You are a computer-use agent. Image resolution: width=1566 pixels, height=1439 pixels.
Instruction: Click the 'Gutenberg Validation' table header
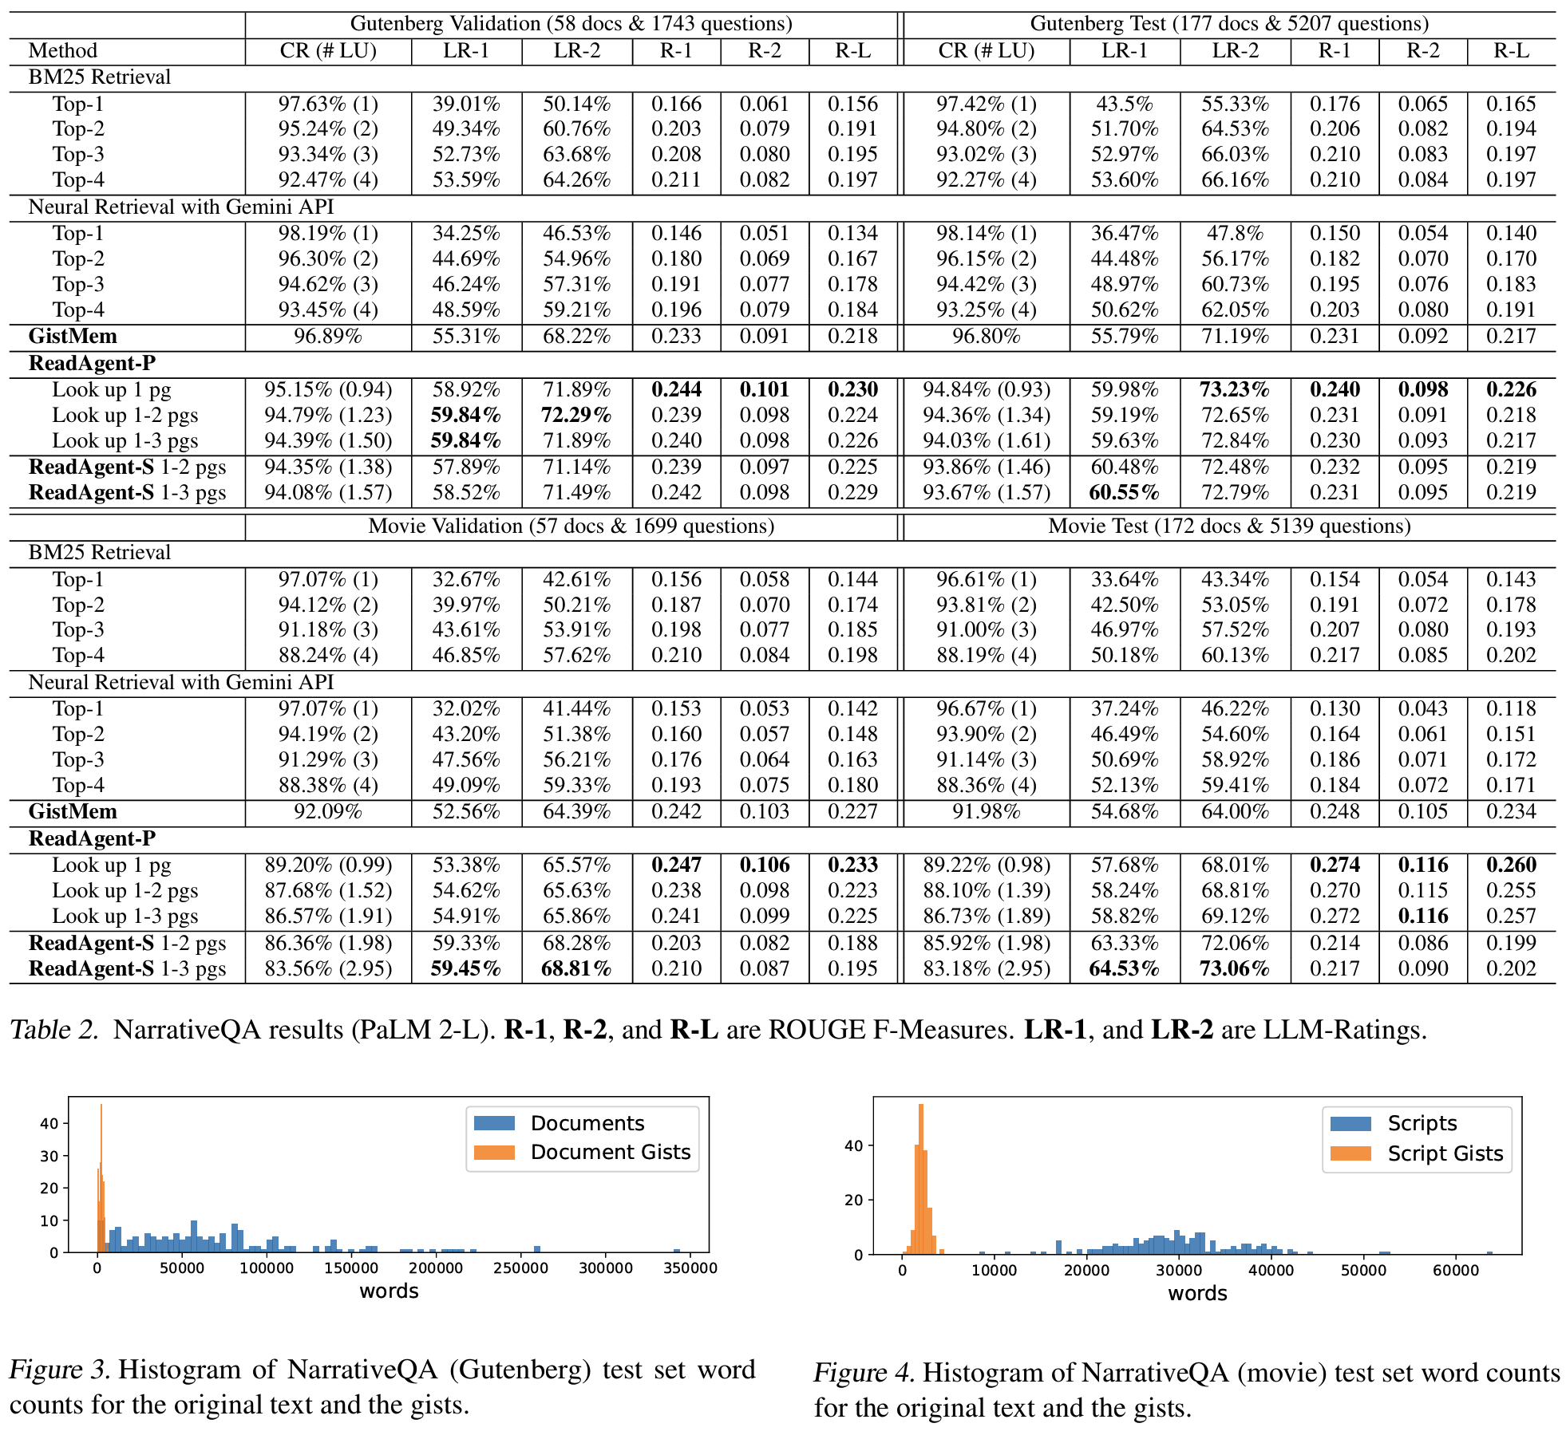click(x=571, y=24)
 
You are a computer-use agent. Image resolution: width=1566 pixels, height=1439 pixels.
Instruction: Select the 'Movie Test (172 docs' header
click(x=1228, y=526)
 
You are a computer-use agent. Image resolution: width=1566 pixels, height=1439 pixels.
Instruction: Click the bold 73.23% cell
click(x=1235, y=390)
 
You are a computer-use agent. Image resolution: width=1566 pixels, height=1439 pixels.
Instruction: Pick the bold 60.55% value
click(x=1124, y=493)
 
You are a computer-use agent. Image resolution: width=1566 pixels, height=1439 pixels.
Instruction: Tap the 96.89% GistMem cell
click(x=327, y=337)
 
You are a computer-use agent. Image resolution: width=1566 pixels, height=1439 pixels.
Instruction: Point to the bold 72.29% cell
click(x=576, y=416)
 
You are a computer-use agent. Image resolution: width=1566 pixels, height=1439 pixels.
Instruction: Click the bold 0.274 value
click(x=1335, y=865)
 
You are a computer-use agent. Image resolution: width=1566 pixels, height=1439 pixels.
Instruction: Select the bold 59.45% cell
click(x=466, y=969)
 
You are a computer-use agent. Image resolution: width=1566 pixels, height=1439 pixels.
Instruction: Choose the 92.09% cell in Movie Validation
click(x=327, y=812)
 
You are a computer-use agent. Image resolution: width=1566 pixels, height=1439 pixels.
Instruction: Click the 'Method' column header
click(x=63, y=51)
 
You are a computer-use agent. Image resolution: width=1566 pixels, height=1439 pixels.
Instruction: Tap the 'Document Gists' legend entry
click(x=610, y=1153)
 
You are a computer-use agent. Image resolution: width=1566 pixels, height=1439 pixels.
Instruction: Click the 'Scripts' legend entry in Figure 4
click(x=1422, y=1124)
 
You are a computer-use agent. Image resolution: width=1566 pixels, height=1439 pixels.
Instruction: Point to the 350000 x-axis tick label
click(x=690, y=1268)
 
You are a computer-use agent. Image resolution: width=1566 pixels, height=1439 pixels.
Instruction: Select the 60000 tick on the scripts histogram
click(x=1456, y=1270)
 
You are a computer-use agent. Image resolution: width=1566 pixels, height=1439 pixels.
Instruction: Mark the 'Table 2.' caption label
click(x=53, y=1031)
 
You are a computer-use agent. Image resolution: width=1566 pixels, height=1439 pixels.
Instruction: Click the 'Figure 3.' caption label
click(x=60, y=1370)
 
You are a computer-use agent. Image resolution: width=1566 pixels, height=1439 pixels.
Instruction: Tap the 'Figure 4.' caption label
click(x=864, y=1373)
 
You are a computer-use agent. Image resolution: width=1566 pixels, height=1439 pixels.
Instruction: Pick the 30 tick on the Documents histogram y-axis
click(x=49, y=1156)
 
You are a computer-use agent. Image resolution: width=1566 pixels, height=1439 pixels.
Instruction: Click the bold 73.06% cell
click(x=1235, y=969)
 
